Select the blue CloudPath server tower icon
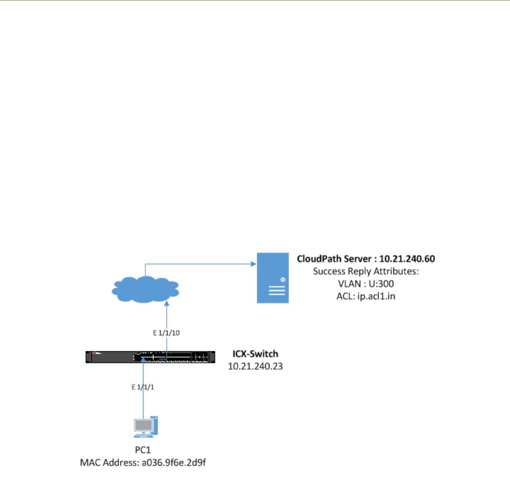[x=272, y=278]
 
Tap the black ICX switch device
[x=150, y=357]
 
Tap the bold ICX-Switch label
[x=255, y=353]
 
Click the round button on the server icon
[x=283, y=280]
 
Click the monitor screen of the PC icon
[x=143, y=425]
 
